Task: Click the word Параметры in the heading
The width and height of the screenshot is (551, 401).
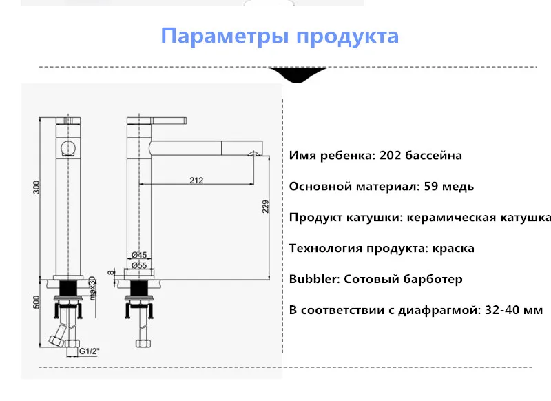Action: click(225, 37)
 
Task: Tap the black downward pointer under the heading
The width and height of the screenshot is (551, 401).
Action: click(298, 74)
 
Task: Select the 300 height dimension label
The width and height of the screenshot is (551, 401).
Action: click(37, 187)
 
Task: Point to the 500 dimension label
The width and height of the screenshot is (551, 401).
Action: click(37, 302)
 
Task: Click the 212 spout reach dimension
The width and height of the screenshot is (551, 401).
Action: click(196, 181)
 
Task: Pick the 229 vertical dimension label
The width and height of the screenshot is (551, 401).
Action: click(266, 206)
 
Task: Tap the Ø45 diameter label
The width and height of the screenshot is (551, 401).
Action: click(139, 255)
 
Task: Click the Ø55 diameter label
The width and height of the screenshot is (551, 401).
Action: click(139, 265)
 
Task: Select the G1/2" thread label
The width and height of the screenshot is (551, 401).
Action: click(90, 351)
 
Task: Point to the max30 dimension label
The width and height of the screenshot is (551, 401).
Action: click(92, 288)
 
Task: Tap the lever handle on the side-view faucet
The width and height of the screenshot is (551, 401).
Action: click(169, 121)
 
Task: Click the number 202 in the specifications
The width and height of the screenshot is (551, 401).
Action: click(390, 155)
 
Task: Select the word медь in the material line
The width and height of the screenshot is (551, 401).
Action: click(458, 187)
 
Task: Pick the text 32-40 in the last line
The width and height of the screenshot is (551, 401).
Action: click(501, 310)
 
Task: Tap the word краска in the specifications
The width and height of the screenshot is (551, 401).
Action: click(453, 249)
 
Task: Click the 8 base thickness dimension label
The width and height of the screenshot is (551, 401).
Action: click(112, 272)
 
